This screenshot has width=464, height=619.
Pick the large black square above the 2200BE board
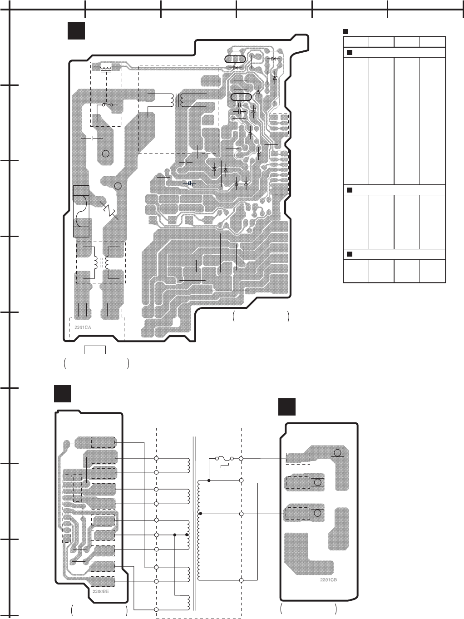[x=62, y=393]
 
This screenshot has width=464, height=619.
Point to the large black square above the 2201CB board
[x=287, y=406]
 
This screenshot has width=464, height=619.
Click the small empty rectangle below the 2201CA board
[x=95, y=349]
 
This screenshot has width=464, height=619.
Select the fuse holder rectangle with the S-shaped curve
[x=81, y=211]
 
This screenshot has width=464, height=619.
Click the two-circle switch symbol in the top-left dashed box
[x=107, y=104]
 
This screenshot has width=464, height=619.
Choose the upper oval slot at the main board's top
[x=235, y=59]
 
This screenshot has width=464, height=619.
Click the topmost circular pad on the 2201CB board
[x=337, y=452]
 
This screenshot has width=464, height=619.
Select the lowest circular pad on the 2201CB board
[x=318, y=513]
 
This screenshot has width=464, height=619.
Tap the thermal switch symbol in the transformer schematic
[x=224, y=460]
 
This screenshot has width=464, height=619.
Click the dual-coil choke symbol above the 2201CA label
[x=100, y=262]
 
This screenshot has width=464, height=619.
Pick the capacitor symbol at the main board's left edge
[x=92, y=138]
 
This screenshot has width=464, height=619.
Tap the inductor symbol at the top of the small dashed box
[x=106, y=67]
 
